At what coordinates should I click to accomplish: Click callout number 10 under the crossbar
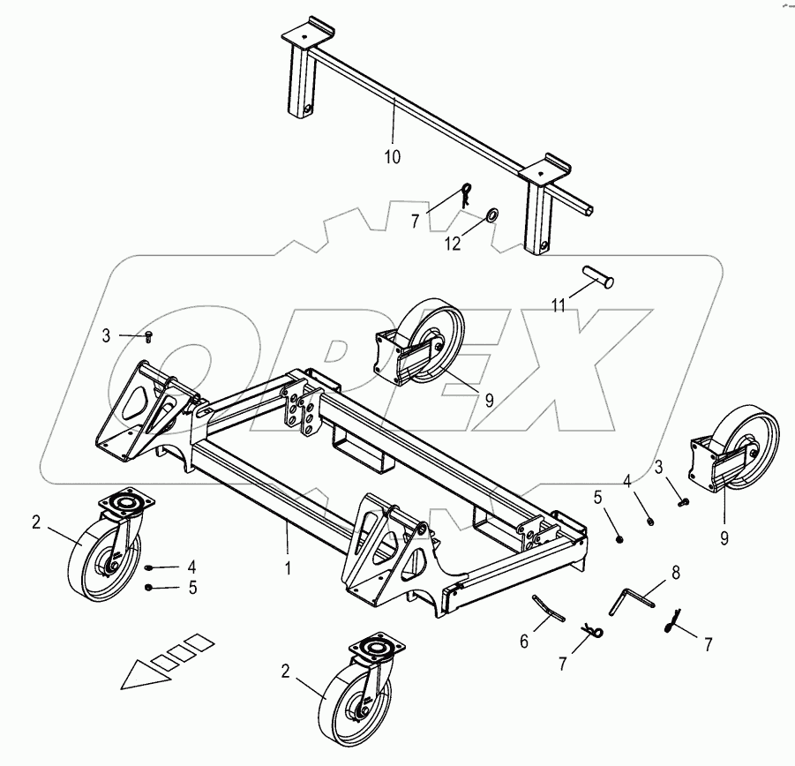392,157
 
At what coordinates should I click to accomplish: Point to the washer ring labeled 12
491,214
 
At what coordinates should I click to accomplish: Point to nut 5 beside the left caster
151,587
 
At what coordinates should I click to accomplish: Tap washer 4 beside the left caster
151,567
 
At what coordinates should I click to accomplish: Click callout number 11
559,306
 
